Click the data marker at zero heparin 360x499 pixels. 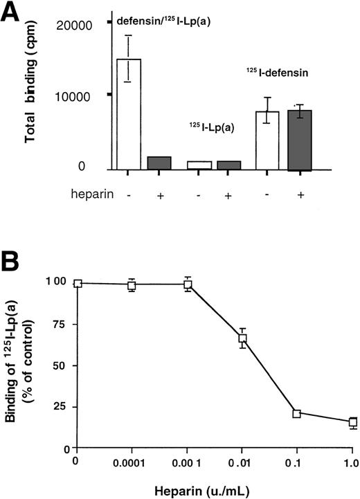pos(78,283)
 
